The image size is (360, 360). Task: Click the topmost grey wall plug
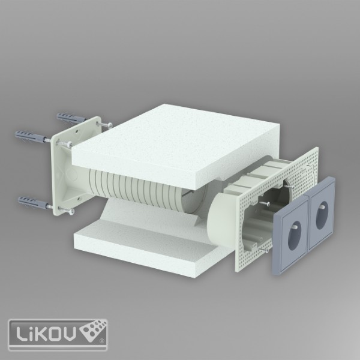(x=71, y=118)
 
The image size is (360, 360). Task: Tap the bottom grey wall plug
(x=33, y=202)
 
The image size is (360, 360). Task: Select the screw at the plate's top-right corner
(x=104, y=125)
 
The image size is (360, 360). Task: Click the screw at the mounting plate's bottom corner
(x=67, y=211)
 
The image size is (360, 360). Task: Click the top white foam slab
(x=176, y=147)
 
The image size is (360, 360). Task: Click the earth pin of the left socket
(x=295, y=227)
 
